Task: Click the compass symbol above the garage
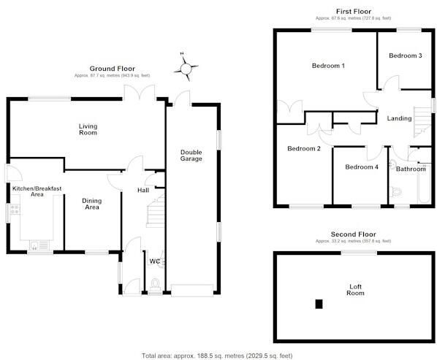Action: [186, 68]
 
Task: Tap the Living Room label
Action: [88, 129]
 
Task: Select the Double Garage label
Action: [191, 156]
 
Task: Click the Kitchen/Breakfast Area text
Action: [37, 191]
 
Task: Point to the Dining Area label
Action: [92, 204]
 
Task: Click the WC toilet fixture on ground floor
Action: [155, 285]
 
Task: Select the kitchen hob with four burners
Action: [15, 210]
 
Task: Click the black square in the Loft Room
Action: [319, 304]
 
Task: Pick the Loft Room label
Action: [355, 290]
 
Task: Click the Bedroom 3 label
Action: [406, 55]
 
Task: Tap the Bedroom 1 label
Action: [328, 66]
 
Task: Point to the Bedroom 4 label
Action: [362, 166]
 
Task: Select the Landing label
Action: [399, 118]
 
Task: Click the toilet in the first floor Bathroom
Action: [396, 191]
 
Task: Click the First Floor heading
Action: [354, 12]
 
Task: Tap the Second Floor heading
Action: [353, 234]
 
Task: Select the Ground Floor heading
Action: [112, 69]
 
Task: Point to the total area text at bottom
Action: [217, 356]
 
